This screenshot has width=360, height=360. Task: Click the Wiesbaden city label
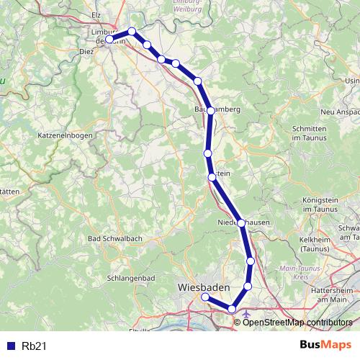204,287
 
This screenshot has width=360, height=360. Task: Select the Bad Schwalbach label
114,238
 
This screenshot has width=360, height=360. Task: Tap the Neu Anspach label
341,112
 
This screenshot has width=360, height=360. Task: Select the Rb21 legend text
33,346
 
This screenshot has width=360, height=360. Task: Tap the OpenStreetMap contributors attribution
299,322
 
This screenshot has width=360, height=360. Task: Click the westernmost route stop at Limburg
109,40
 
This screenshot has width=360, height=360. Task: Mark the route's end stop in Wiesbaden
204,297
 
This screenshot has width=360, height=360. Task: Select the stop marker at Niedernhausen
241,222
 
